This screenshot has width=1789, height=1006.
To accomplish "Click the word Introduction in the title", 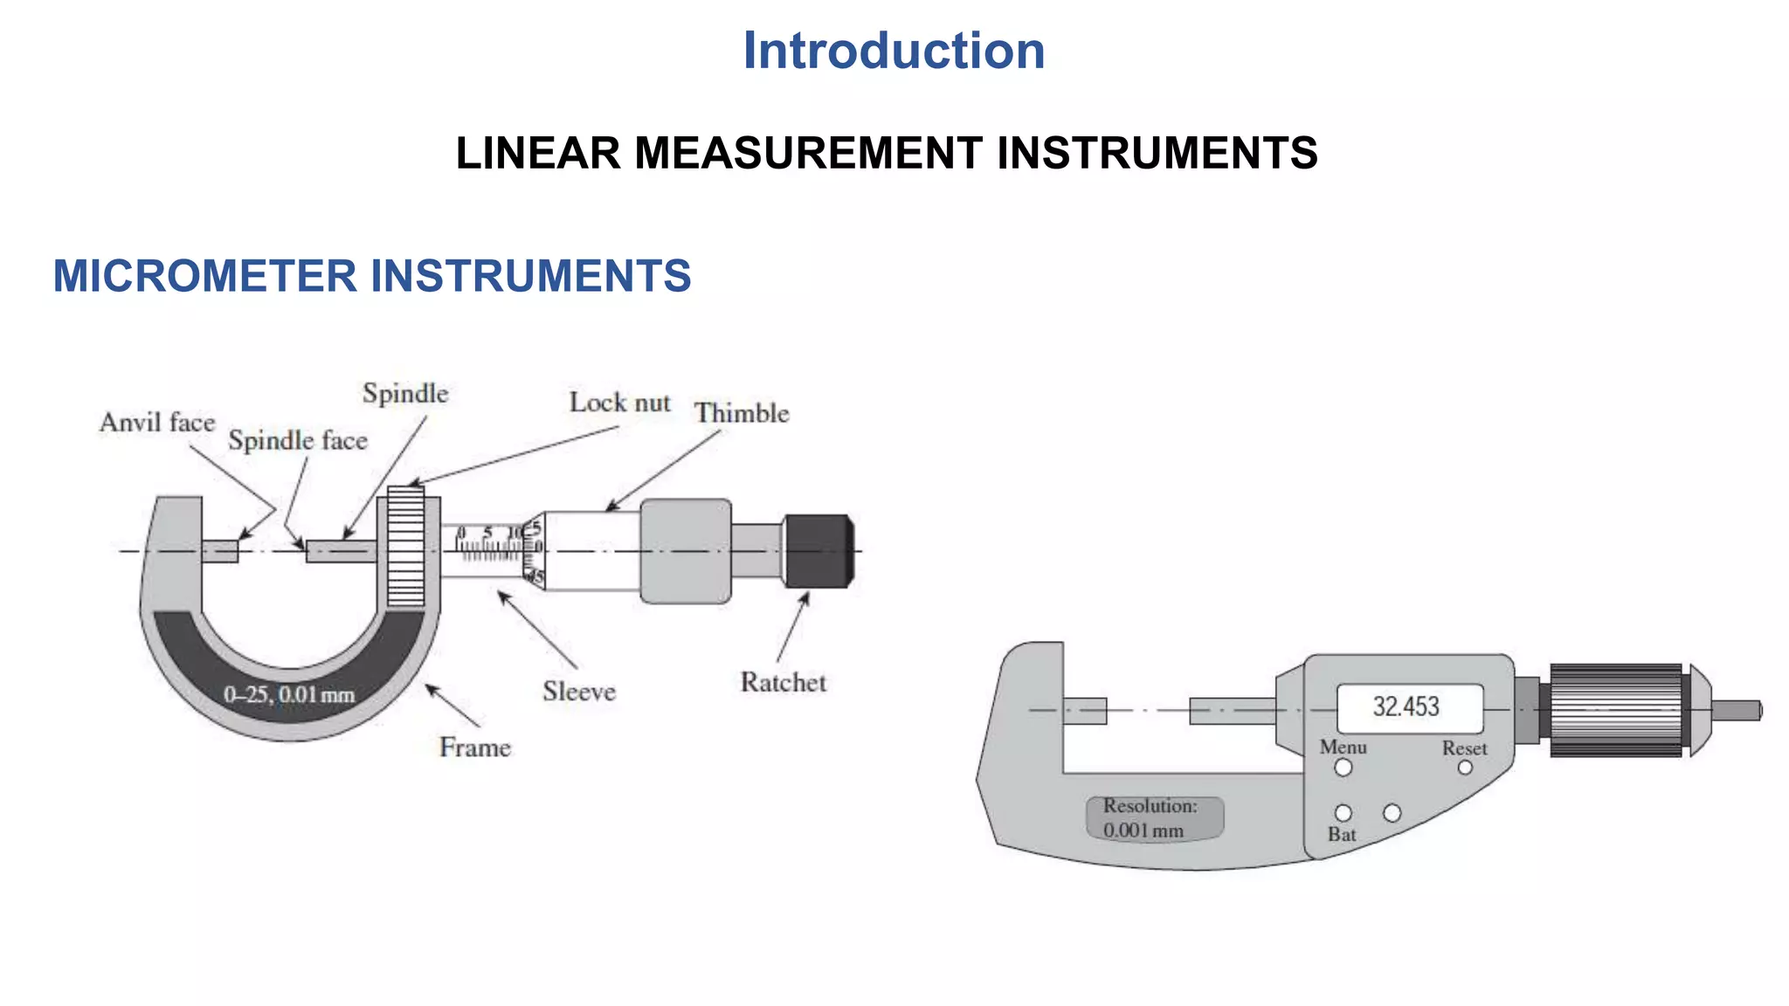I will tap(894, 51).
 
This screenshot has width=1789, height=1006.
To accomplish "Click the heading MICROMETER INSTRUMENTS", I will tap(372, 276).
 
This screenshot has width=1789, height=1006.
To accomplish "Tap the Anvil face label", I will tap(157, 423).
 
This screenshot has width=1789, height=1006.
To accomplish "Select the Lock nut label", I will tap(619, 403).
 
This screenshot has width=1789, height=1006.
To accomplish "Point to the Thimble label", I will tap(742, 413).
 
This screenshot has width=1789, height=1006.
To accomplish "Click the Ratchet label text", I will tap(783, 682).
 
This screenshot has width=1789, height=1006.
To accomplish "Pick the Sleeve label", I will tap(579, 692).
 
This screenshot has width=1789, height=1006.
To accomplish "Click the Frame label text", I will tap(474, 748).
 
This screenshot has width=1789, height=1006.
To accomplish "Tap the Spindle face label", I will tap(298, 440).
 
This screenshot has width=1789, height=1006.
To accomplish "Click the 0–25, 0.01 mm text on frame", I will tap(289, 695).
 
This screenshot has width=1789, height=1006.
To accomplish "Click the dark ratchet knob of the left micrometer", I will tap(819, 551).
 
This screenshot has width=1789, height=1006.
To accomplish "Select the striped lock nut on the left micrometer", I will tap(406, 547).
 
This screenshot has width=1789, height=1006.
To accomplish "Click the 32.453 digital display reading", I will tap(1406, 706).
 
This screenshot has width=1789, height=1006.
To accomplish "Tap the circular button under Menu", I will tap(1343, 768).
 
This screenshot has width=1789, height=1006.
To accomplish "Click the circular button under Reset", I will tap(1465, 768).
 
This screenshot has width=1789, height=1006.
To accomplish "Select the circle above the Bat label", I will tap(1343, 813).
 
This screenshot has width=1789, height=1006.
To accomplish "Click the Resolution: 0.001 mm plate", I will tap(1154, 818).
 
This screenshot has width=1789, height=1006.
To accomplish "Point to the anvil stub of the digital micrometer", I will tap(1085, 711).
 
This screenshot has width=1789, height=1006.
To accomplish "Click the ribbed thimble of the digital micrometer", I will tap(1616, 710).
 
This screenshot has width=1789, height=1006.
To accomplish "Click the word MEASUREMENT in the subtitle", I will tap(808, 154).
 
